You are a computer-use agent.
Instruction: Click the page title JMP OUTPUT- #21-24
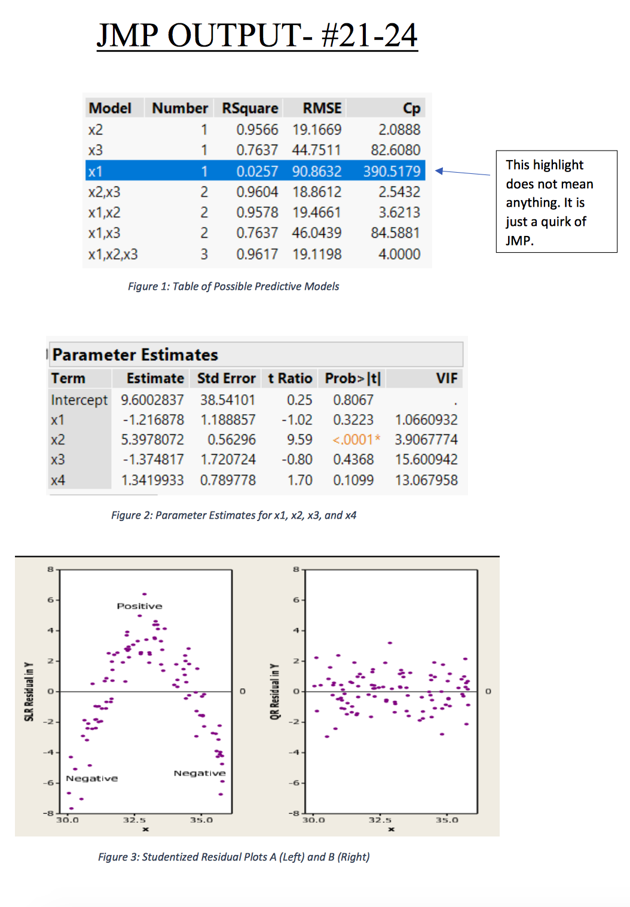coord(257,35)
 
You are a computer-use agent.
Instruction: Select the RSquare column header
coord(250,108)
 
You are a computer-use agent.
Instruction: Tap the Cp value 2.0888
coord(399,130)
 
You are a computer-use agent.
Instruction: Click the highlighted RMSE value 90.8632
coord(316,171)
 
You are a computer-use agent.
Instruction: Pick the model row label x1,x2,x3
coord(113,255)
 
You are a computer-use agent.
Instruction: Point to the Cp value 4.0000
coord(399,255)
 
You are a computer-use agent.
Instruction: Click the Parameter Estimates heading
coord(135,355)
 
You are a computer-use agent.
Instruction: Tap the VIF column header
coord(446,378)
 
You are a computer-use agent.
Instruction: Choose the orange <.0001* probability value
coord(356,440)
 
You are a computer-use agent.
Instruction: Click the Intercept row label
coord(79,400)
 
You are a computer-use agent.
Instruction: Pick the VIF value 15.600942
coord(426,459)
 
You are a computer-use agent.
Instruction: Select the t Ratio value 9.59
coord(299,440)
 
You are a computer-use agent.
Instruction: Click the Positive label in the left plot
coord(139,606)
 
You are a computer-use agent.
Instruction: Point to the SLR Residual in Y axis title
coord(29,691)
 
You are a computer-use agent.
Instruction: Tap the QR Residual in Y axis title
coord(274,691)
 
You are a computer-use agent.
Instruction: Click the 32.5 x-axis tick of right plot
coord(380,820)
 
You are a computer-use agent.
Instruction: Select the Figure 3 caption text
coord(234,857)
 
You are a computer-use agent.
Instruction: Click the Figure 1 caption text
coord(233,286)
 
